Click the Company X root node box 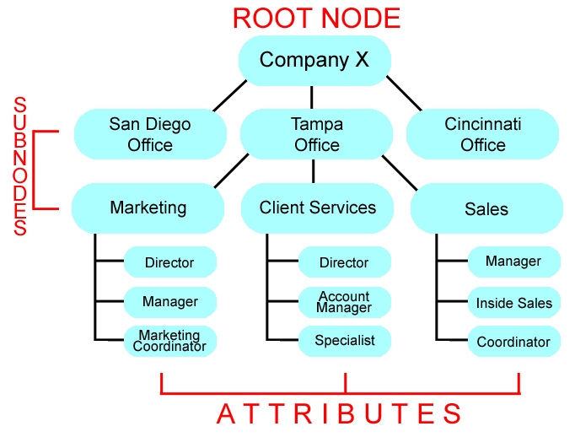pos(314,60)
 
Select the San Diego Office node pos(150,134)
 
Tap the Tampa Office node pos(316,134)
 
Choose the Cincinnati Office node pos(483,134)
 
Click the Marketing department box pos(148,208)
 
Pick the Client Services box pos(317,208)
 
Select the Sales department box pos(486,208)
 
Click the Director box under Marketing pos(169,262)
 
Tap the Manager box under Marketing pos(169,301)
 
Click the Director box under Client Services pos(344,262)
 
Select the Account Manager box pos(344,301)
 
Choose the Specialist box pos(344,341)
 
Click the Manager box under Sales pos(513,262)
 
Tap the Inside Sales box pos(513,302)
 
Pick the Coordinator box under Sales pos(513,342)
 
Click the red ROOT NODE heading pos(316,18)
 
